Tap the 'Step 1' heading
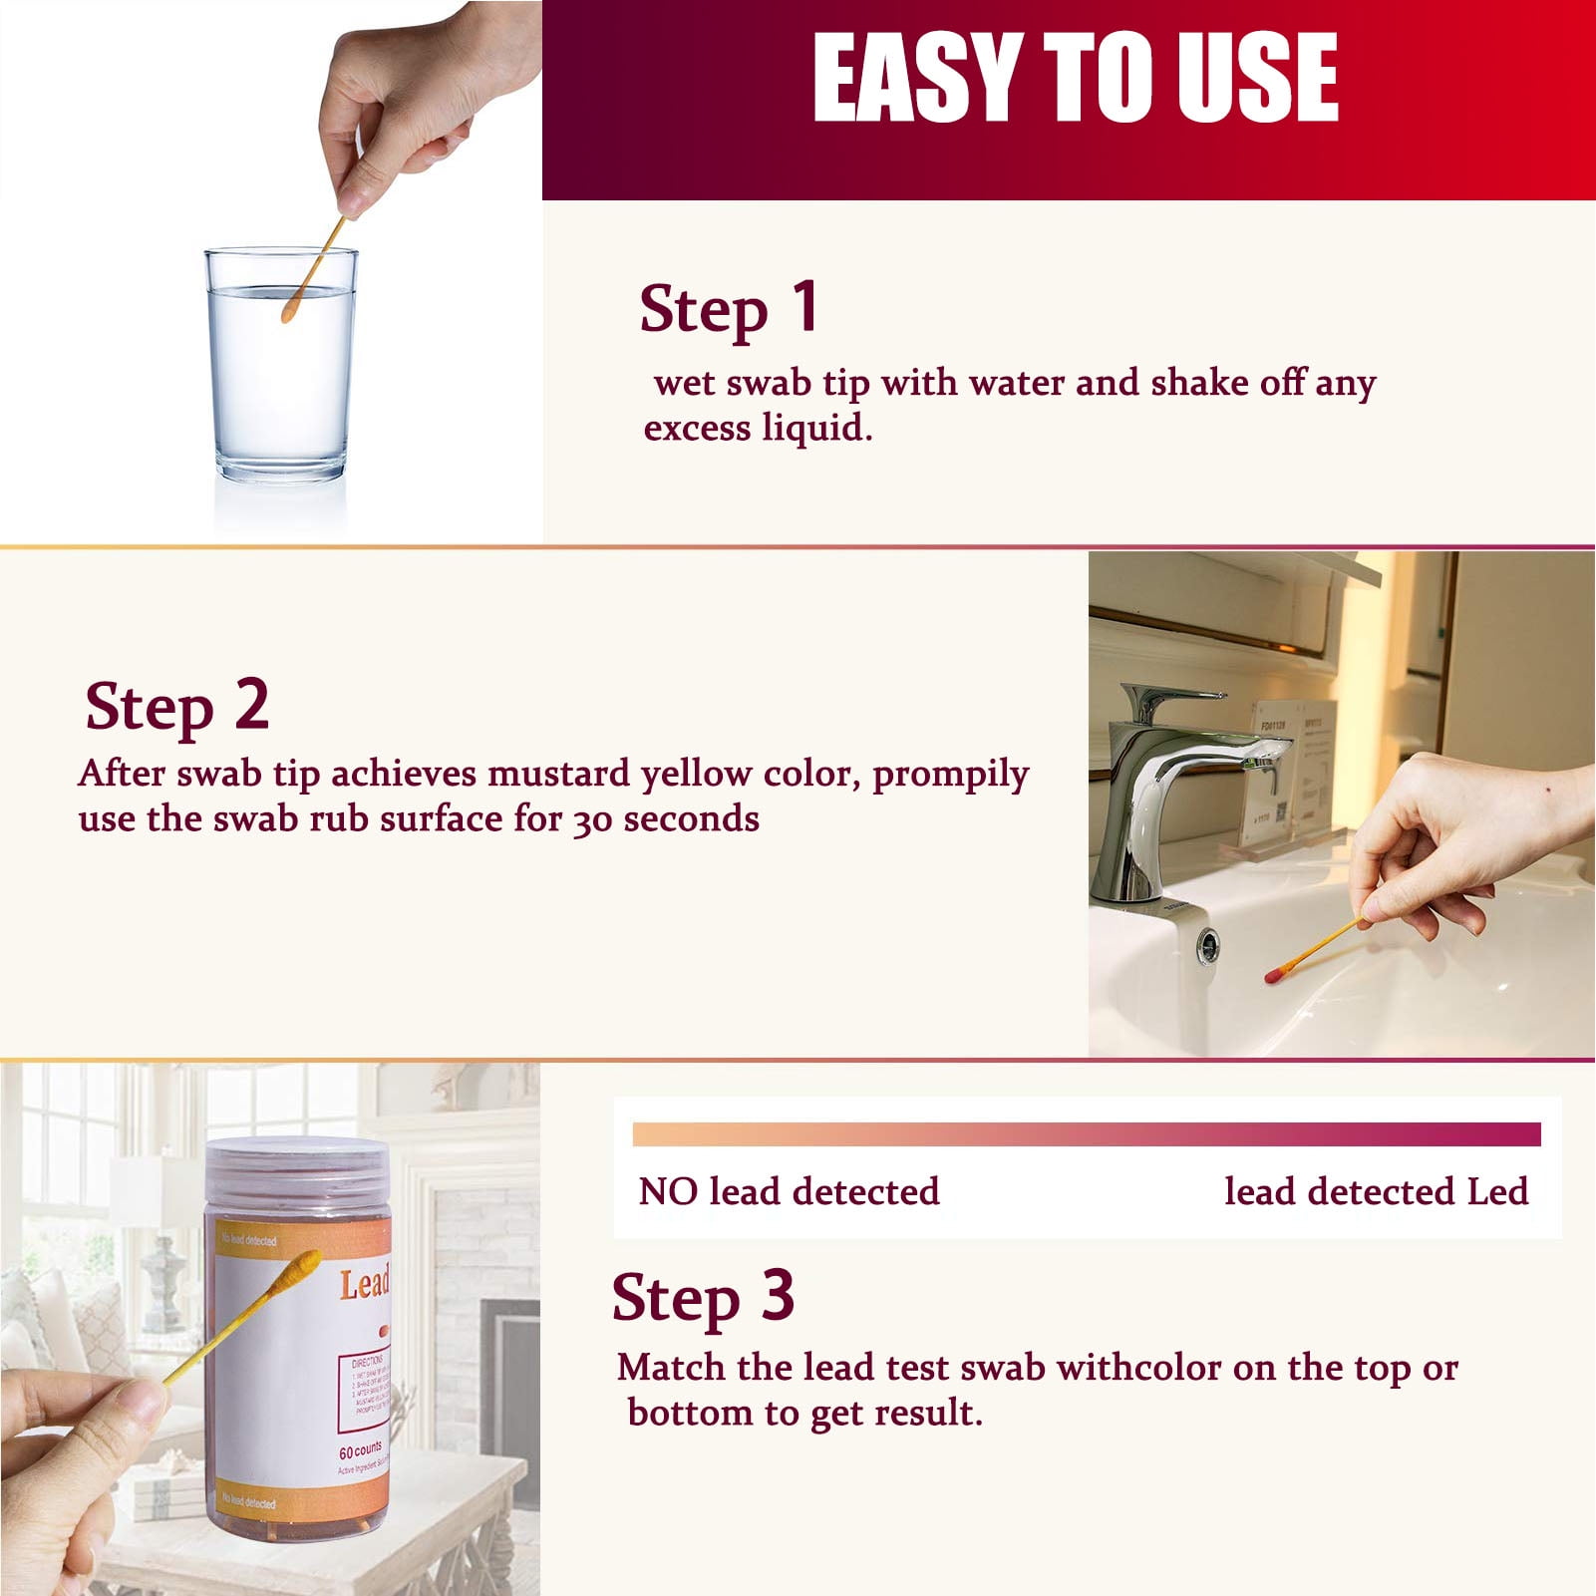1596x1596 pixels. click(730, 308)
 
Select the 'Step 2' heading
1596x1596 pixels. click(177, 707)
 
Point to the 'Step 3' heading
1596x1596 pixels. click(703, 1298)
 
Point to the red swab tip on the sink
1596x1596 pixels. click(1273, 972)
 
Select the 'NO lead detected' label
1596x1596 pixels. click(789, 1192)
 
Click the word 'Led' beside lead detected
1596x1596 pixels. click(1497, 1192)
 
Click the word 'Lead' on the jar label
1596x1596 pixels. click(364, 1284)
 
